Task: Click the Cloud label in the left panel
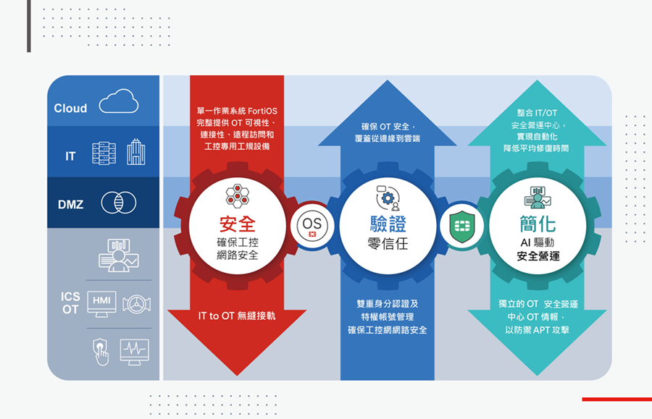tap(70, 109)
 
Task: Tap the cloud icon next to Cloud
tap(119, 102)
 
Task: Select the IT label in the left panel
tap(70, 156)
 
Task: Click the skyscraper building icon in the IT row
tap(135, 152)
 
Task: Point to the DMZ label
tap(70, 205)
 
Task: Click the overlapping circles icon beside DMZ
tap(119, 203)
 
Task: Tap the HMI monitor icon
tap(101, 304)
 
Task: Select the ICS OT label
tap(70, 303)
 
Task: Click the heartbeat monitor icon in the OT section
tap(134, 352)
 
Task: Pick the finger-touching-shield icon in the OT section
tap(101, 352)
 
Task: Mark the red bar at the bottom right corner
tap(617, 399)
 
